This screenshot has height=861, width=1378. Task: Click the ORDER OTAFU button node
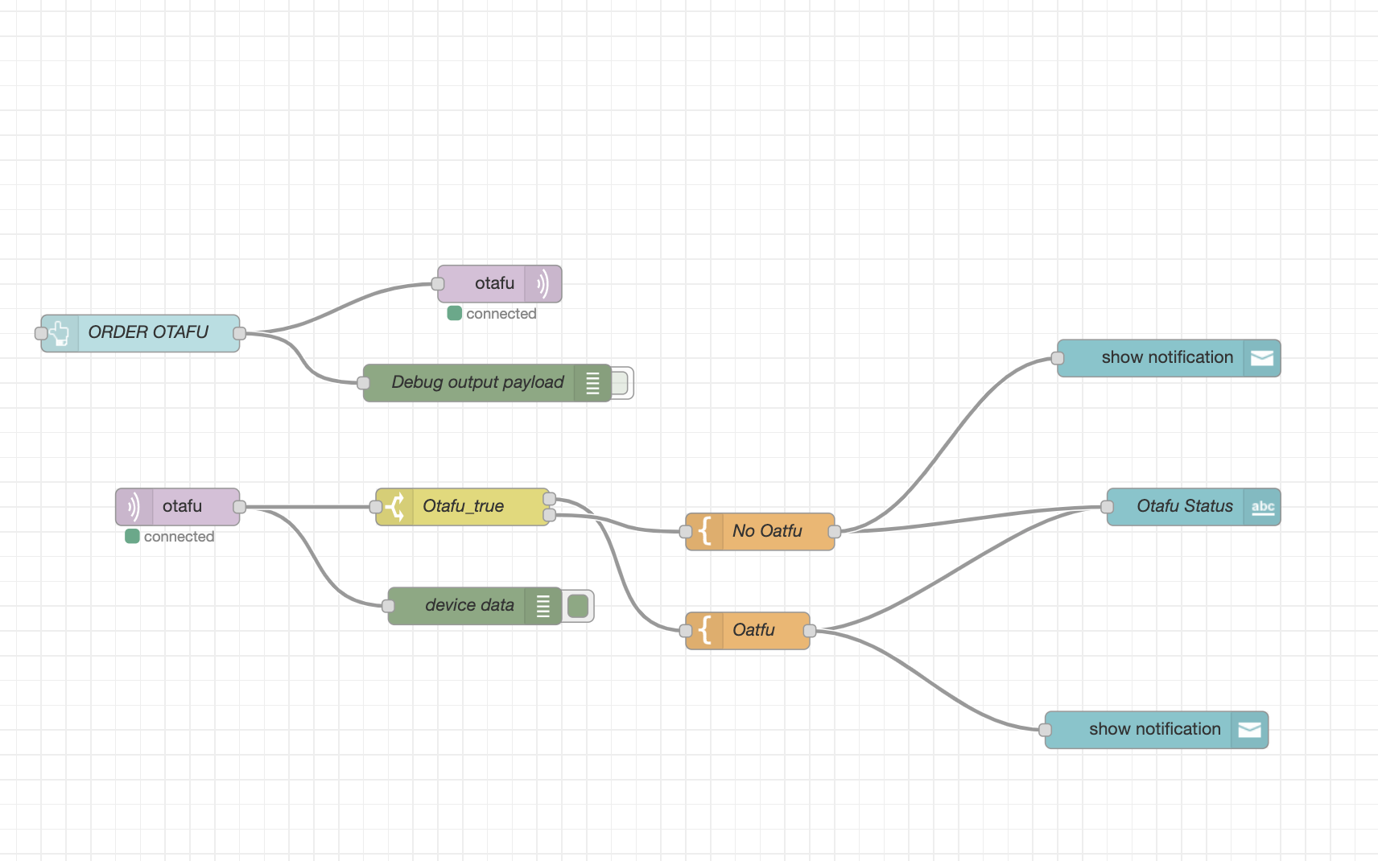pos(149,333)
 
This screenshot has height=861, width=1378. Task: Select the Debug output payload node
pos(477,383)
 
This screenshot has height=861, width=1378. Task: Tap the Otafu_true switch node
pos(464,507)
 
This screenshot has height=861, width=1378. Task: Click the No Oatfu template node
pos(767,532)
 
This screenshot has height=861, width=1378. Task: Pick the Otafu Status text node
pos(1184,507)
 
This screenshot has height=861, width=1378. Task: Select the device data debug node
pos(469,606)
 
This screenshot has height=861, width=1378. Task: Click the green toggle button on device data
pos(578,606)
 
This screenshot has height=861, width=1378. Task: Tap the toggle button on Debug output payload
pos(620,383)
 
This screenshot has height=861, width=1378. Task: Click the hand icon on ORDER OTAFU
pos(60,333)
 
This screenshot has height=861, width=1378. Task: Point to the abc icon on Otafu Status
pos(1262,507)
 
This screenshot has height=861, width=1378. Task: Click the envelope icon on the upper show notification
pos(1261,358)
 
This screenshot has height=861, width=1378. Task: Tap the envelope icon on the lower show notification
pos(1249,730)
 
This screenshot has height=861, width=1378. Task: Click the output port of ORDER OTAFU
pos(239,333)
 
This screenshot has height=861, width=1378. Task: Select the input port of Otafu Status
pos(1108,507)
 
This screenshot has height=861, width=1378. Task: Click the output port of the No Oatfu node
pos(835,532)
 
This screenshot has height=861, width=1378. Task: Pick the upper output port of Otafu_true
pos(550,500)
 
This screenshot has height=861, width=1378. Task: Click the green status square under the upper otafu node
pos(455,314)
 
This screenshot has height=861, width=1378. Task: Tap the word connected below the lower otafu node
pos(179,537)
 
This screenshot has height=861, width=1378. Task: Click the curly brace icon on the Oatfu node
pos(705,631)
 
